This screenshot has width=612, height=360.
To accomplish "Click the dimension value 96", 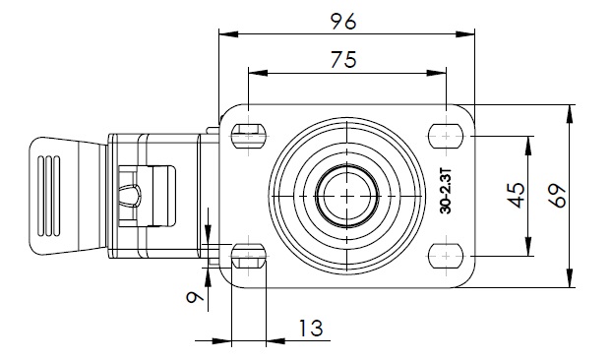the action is tap(343, 22).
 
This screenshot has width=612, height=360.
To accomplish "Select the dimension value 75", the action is tap(343, 60).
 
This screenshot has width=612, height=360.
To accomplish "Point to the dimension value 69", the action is tap(557, 195).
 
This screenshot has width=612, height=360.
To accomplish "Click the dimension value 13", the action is tap(311, 328).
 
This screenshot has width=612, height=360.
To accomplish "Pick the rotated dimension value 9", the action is tap(195, 297).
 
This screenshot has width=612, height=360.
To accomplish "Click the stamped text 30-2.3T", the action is tap(446, 191).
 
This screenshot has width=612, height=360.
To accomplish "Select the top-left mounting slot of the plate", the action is tap(249, 136).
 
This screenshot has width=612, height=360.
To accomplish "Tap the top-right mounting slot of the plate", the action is tap(446, 136).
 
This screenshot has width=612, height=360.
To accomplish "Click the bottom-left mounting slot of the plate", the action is tap(249, 256).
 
